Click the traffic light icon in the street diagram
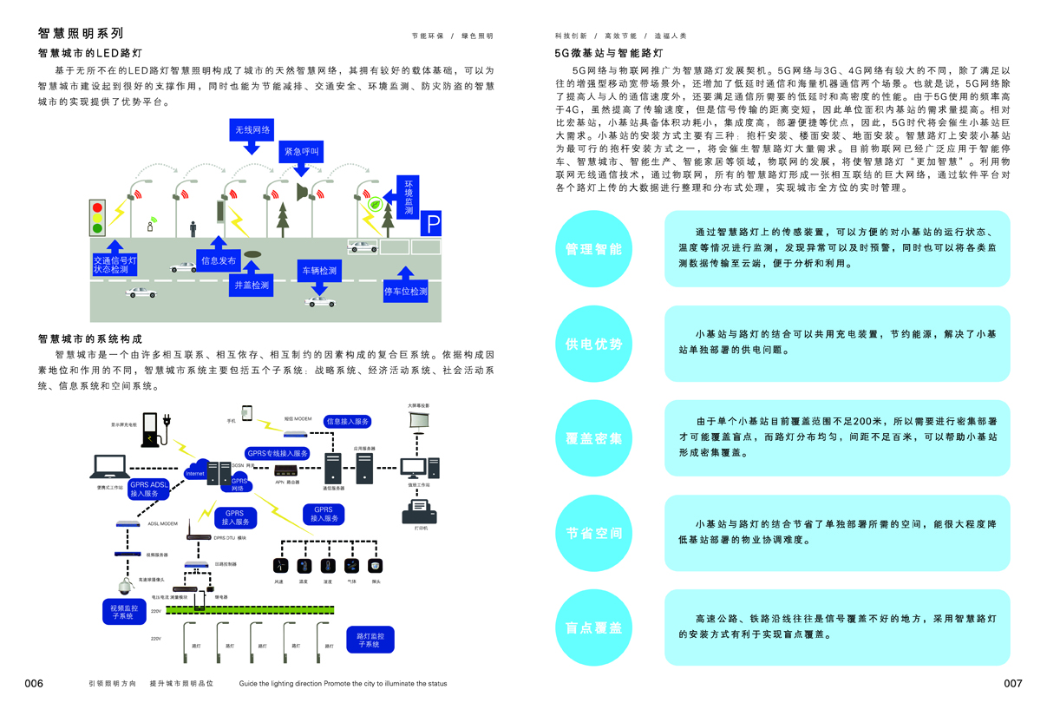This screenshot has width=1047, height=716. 98,217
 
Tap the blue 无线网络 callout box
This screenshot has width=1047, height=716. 252,131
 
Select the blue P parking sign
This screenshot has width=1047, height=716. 432,226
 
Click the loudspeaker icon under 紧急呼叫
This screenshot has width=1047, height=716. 302,192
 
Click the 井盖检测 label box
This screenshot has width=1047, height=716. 252,285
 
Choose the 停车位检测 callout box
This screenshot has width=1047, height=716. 405,292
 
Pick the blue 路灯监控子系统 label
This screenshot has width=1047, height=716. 370,640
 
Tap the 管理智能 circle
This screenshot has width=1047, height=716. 593,249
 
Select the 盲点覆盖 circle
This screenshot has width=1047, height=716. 593,627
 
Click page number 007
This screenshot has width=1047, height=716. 1012,684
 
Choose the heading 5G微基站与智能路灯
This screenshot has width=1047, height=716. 609,53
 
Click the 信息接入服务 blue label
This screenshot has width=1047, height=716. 348,422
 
